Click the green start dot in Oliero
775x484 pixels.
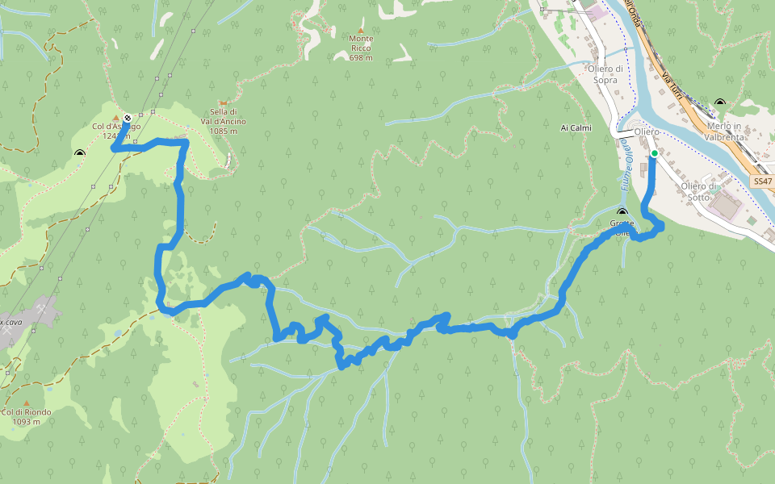point(654,153)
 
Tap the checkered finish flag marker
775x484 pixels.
point(128,118)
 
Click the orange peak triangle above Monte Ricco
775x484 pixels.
point(361,30)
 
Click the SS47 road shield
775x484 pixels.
point(762,182)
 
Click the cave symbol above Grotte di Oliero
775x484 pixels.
point(622,213)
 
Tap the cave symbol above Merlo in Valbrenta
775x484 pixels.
point(719,103)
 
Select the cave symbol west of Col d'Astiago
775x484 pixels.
point(79,153)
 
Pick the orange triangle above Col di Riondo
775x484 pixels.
point(26,403)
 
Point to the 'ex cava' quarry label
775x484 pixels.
point(10,322)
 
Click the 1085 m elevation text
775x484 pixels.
point(223,131)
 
